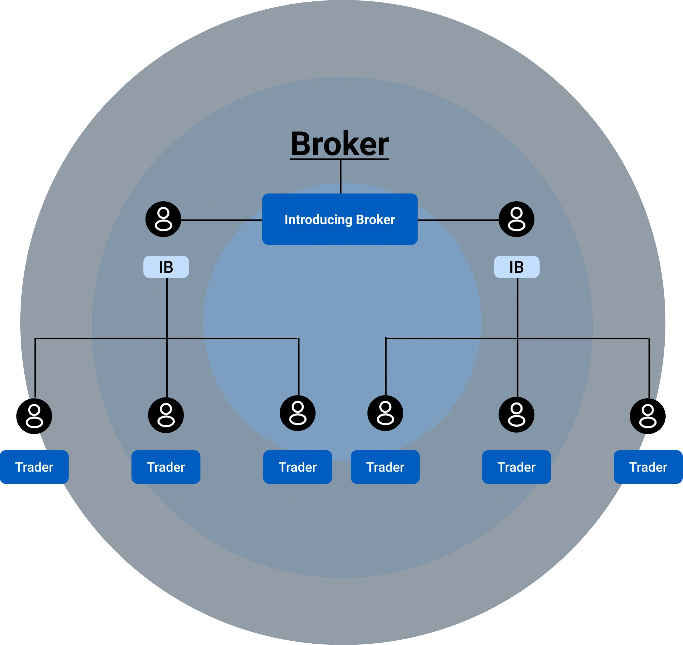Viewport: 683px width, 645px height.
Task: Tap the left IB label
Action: [x=166, y=267]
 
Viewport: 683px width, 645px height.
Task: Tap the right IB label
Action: [x=517, y=267]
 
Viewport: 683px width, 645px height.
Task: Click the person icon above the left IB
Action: [x=163, y=219]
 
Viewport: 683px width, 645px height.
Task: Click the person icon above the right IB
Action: [x=516, y=219]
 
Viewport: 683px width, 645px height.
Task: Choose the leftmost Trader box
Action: [x=34, y=467]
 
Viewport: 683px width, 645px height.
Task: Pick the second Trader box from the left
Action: [x=166, y=467]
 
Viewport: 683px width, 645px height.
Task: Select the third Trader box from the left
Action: [x=297, y=467]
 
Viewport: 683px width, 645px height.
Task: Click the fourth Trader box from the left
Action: [x=385, y=467]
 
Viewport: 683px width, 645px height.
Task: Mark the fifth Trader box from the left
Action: [x=516, y=467]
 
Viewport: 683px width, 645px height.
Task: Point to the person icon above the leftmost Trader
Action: [x=34, y=416]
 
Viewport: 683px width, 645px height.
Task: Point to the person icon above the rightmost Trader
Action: [x=648, y=416]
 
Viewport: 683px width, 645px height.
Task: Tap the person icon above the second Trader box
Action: [x=166, y=415]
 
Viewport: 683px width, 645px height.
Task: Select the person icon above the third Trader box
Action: [x=297, y=413]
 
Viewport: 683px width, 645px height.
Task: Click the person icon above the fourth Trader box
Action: [x=385, y=413]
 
